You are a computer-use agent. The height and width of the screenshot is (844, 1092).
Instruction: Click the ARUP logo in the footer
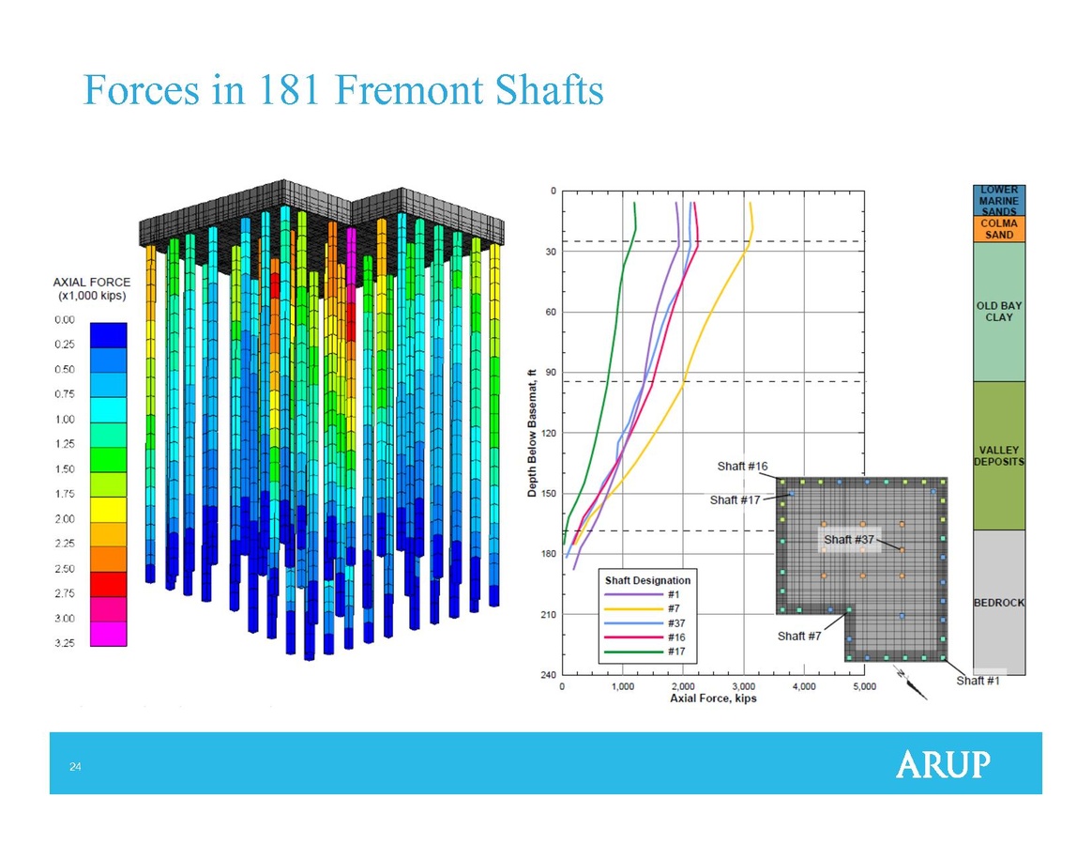(943, 764)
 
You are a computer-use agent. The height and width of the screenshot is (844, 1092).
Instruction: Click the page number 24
(75, 767)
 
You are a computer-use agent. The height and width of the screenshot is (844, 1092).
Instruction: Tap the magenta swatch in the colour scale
(109, 634)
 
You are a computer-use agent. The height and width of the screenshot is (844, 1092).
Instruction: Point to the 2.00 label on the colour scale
(65, 519)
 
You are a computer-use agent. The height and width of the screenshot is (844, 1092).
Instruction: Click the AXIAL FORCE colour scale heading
(92, 288)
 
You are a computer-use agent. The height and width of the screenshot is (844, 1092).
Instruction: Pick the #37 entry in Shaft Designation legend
(645, 623)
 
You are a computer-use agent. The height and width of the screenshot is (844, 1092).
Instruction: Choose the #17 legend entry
(645, 652)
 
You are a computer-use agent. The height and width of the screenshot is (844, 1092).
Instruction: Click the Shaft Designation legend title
(647, 580)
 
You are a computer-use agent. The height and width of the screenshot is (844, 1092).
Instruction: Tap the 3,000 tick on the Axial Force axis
(744, 686)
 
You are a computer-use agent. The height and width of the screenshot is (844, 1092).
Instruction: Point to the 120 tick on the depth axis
(550, 433)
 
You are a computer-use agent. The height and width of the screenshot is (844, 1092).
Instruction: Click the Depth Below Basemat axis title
(532, 433)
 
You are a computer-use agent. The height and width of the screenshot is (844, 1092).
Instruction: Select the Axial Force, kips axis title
(713, 698)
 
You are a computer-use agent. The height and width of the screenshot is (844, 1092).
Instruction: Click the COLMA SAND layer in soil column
(999, 229)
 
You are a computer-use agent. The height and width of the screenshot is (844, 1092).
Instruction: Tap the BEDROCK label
(999, 603)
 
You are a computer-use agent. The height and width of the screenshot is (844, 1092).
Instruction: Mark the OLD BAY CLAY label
(999, 312)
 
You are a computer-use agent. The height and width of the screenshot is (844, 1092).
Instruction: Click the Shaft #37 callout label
(848, 540)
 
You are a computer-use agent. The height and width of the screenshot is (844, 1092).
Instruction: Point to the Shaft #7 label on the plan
(798, 637)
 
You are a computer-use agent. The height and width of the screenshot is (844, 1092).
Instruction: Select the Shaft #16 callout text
(742, 467)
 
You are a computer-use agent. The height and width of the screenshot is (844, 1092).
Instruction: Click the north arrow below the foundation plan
(911, 683)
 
